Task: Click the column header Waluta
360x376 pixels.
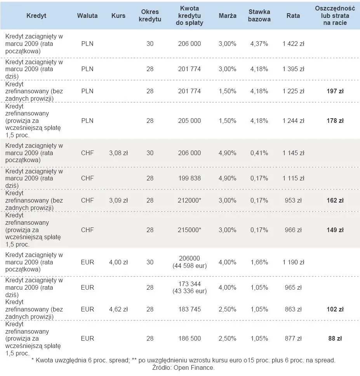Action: coord(87,16)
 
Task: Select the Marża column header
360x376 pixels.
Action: coord(228,16)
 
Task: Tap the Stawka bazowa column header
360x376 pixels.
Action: coord(259,16)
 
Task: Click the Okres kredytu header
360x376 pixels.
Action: coord(150,16)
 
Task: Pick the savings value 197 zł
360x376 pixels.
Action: coord(335,91)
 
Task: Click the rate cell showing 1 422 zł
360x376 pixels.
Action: coord(293,44)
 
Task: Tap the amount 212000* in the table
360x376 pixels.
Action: coord(190,201)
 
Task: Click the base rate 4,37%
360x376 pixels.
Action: coord(259,44)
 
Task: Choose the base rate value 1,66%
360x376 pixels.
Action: coord(259,262)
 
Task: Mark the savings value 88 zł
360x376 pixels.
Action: coord(335,339)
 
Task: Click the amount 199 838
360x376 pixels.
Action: coord(190,178)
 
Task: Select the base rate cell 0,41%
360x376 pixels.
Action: coord(259,153)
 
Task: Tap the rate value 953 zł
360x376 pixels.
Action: coord(293,201)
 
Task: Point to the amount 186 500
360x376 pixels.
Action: coord(190,339)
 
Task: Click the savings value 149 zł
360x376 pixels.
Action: coord(335,230)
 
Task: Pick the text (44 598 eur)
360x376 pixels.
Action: coord(190,266)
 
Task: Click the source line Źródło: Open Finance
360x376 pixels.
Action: coord(183,367)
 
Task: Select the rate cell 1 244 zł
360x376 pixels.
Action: coord(293,121)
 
